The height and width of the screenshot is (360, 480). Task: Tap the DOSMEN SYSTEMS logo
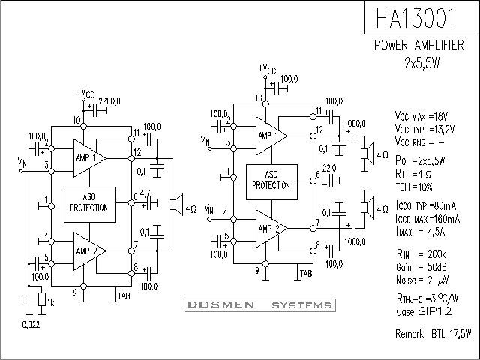[x=259, y=305]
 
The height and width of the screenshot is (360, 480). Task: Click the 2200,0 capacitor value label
[x=109, y=100]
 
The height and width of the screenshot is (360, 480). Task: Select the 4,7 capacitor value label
[x=145, y=193]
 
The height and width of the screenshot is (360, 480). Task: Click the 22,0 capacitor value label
[x=329, y=168]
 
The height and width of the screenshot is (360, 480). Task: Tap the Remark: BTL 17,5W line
[x=433, y=332]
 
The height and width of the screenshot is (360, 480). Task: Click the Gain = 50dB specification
[x=421, y=267]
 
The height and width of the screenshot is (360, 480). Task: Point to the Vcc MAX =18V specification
[x=421, y=116]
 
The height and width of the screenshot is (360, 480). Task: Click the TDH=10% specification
[x=415, y=186]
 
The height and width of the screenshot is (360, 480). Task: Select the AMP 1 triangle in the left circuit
[x=87, y=157]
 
